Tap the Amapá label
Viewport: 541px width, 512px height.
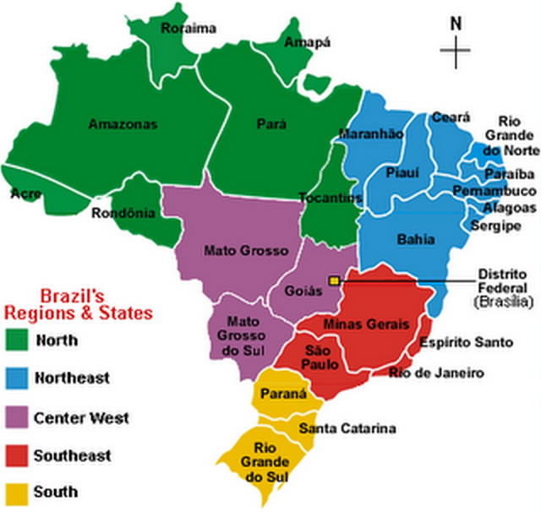pyautogui.click(x=307, y=42)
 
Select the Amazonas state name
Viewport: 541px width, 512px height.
pyautogui.click(x=123, y=124)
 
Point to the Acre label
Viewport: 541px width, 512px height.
pyautogui.click(x=25, y=193)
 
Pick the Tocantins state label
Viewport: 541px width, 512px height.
pyautogui.click(x=330, y=198)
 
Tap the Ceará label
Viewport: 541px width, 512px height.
pyautogui.click(x=445, y=117)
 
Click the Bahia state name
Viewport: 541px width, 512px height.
pyautogui.click(x=416, y=239)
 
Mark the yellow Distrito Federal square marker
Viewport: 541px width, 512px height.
pyautogui.click(x=335, y=280)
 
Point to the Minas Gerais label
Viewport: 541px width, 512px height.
pyautogui.click(x=366, y=324)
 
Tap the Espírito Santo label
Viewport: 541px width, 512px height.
pyautogui.click(x=466, y=342)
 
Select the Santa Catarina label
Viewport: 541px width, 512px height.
pyautogui.click(x=347, y=429)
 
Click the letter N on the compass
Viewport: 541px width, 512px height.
pyautogui.click(x=456, y=24)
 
